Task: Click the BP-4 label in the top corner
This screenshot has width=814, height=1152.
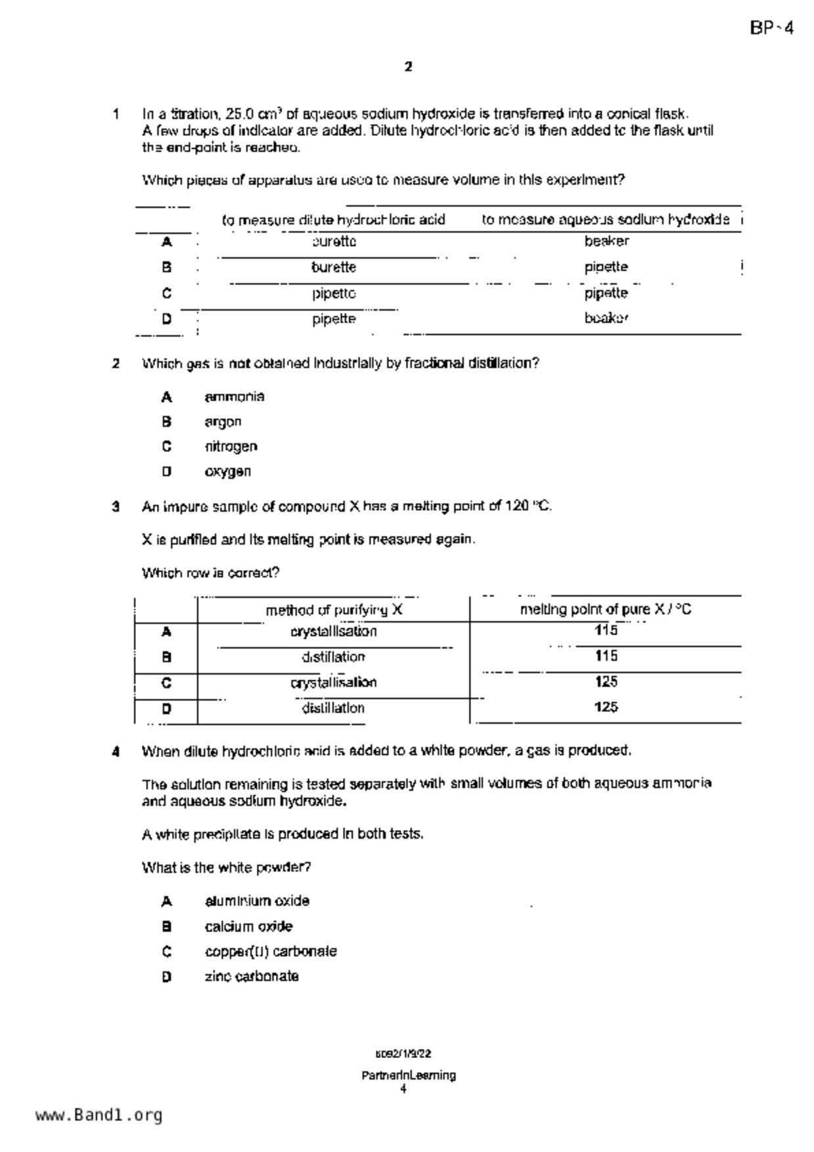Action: [x=771, y=29]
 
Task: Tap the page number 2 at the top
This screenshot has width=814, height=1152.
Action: [x=408, y=66]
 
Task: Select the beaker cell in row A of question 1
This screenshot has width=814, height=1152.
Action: [x=606, y=241]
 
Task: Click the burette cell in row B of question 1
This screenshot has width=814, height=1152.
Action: [x=334, y=267]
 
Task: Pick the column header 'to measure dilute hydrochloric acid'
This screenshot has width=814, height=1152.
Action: [x=334, y=219]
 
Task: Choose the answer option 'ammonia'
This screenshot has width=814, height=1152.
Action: [x=235, y=397]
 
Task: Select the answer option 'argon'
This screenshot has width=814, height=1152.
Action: [x=223, y=422]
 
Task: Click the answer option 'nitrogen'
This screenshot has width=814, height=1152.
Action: [x=231, y=447]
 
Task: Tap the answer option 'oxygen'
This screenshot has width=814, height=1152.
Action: [x=227, y=472]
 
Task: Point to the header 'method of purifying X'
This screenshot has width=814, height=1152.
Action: [x=334, y=610]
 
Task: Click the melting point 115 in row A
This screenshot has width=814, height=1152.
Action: [x=606, y=631]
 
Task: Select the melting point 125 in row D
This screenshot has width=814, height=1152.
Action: [x=606, y=707]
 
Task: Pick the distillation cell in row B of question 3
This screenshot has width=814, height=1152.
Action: [x=334, y=657]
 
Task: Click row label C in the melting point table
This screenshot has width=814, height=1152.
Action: [x=166, y=683]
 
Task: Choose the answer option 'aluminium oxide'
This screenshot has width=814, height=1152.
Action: [x=257, y=901]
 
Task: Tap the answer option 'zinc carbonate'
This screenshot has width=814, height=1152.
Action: [x=252, y=977]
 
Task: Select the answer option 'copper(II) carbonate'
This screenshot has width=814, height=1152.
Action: [x=271, y=952]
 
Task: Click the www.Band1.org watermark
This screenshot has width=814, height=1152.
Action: [x=99, y=1115]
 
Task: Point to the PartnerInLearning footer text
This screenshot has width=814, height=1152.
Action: [x=408, y=1075]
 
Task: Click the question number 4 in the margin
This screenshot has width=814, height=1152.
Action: [x=116, y=751]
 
